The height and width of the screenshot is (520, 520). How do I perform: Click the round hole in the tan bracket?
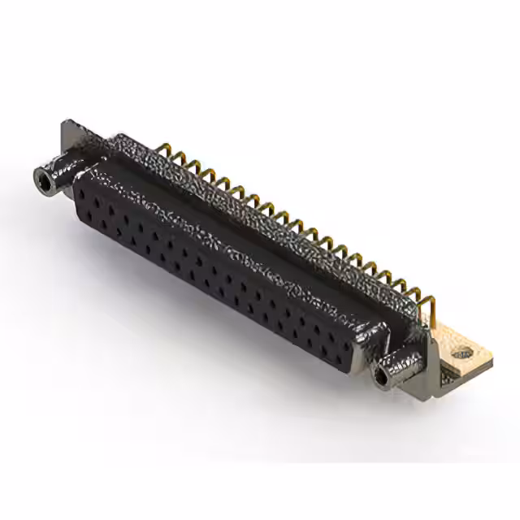click(x=462, y=353)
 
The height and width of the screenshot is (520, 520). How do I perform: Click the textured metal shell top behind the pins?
click(x=244, y=203)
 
